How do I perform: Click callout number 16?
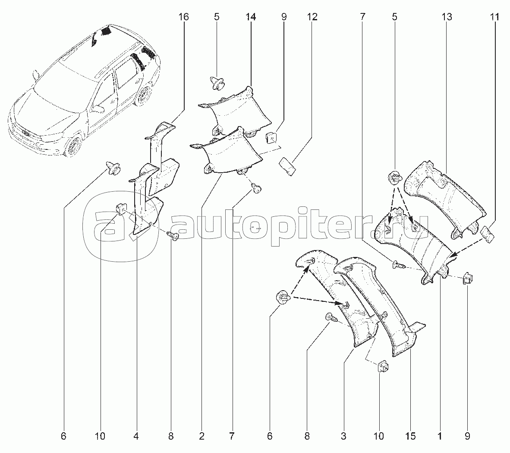pyautogui.click(x=183, y=17)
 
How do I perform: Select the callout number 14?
pyautogui.click(x=251, y=17)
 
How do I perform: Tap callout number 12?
pyautogui.click(x=312, y=17)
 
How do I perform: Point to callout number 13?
pyautogui.click(x=447, y=17)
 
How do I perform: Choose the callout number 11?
pyautogui.click(x=494, y=17)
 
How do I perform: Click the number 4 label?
pyautogui.click(x=136, y=437)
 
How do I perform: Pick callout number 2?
pyautogui.click(x=201, y=437)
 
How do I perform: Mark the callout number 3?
pyautogui.click(x=343, y=437)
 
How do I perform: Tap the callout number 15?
pyautogui.click(x=410, y=437)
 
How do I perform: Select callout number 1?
pyautogui.click(x=440, y=437)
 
